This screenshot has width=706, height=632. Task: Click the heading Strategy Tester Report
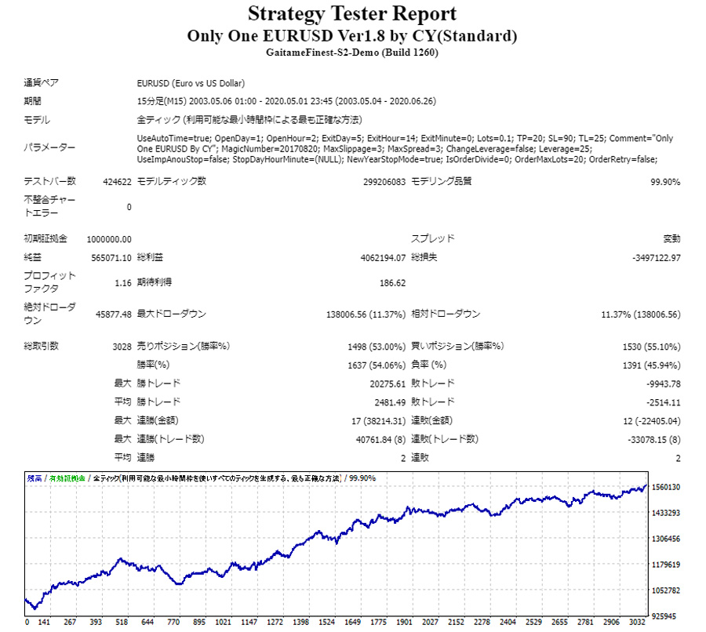(x=352, y=14)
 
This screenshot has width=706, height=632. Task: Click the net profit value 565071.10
(x=111, y=257)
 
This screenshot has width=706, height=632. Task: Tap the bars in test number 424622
(x=117, y=182)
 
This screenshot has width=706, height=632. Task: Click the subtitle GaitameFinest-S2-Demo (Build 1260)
(x=352, y=53)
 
